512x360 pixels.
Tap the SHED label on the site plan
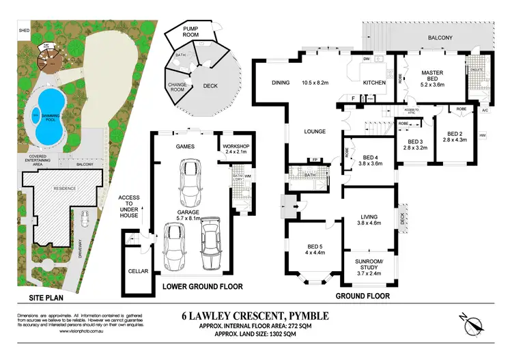(25, 31)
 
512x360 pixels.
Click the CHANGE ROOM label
(177, 88)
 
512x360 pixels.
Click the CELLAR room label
(138, 271)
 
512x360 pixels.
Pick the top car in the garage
(186, 180)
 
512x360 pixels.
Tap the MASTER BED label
(433, 77)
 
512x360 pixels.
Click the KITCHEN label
(373, 83)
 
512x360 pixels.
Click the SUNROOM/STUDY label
(371, 265)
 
